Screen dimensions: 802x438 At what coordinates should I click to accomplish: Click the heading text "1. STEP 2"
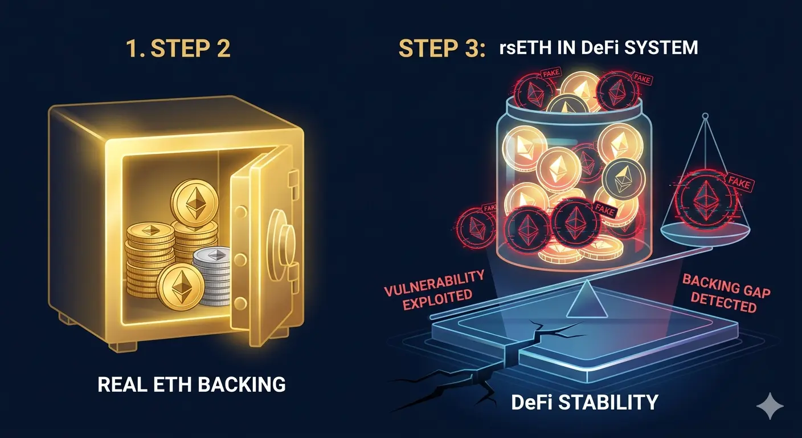click(x=178, y=48)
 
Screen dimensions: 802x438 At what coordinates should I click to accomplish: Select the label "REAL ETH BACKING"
click(x=191, y=384)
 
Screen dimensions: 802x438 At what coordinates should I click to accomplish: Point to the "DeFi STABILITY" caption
click(x=584, y=402)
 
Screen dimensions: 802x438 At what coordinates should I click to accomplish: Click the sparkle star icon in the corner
click(x=770, y=405)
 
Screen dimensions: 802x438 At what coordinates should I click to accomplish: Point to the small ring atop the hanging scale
click(x=705, y=116)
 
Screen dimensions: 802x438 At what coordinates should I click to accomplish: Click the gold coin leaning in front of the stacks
click(x=181, y=286)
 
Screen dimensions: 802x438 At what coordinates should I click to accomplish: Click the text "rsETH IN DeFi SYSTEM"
click(x=598, y=48)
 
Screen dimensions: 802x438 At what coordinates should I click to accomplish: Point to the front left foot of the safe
click(x=123, y=346)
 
